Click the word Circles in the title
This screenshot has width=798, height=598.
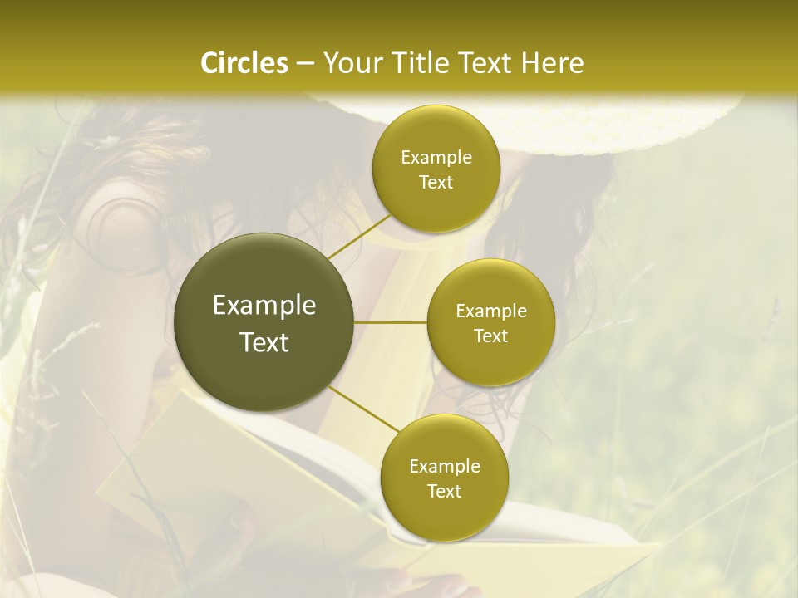(x=244, y=63)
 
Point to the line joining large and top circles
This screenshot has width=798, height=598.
(x=358, y=236)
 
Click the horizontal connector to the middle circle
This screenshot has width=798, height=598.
(x=391, y=322)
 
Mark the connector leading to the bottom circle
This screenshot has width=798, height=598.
(x=362, y=409)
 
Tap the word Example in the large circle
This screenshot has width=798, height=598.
(x=264, y=306)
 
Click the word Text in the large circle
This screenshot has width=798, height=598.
(x=264, y=342)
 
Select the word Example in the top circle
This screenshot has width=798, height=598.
(x=436, y=158)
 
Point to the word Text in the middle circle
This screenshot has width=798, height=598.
(x=490, y=336)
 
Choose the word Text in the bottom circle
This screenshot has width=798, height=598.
(x=444, y=491)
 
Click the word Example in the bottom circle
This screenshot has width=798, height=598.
(x=444, y=467)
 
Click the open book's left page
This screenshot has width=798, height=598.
(x=216, y=465)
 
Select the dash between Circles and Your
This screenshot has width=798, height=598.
(x=304, y=64)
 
